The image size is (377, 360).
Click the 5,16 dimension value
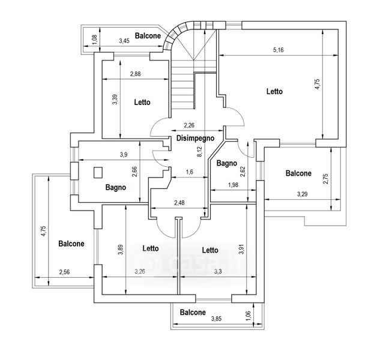[x=278, y=50]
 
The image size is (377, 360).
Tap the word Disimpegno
[x=196, y=138]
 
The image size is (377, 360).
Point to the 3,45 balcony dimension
[x=124, y=41]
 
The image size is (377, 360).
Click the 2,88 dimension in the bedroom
[x=135, y=74]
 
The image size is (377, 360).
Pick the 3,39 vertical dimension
[x=115, y=99]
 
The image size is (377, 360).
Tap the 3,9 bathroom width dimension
[x=124, y=155]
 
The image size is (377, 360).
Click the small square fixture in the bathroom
[x=98, y=173]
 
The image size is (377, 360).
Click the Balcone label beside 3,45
[x=146, y=36]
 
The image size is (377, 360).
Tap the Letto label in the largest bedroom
[x=274, y=92]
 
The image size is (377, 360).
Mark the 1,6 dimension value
[x=189, y=173]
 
